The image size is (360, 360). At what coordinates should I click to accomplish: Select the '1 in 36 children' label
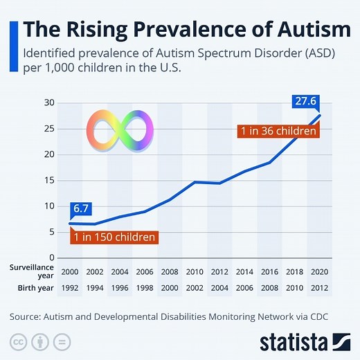[277, 132]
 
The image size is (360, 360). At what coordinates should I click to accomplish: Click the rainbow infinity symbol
[118, 129]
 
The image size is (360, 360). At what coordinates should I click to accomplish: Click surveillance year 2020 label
[319, 271]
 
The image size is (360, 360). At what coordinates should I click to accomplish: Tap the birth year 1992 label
[71, 287]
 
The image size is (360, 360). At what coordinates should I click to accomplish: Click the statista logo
[305, 341]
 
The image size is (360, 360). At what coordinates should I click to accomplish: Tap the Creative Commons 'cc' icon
[19, 341]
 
